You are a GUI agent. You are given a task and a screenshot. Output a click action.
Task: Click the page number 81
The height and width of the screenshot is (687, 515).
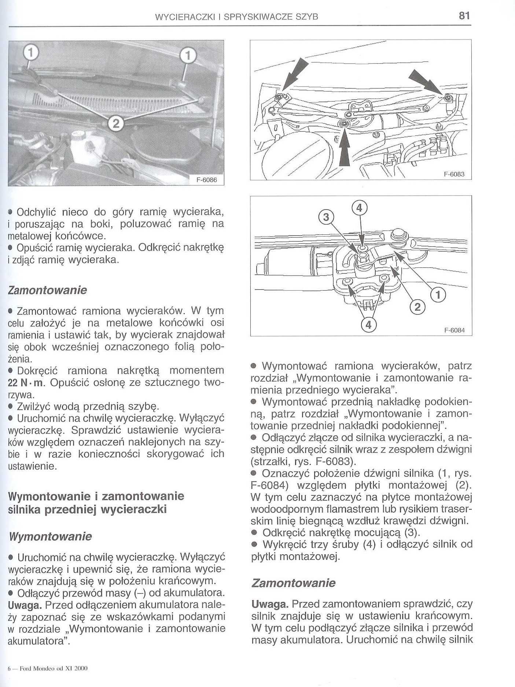pyautogui.click(x=464, y=16)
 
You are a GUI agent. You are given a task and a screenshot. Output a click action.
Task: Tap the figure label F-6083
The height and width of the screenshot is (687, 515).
pyautogui.click(x=454, y=175)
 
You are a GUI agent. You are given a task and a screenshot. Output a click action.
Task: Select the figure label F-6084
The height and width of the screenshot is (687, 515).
pyautogui.click(x=455, y=330)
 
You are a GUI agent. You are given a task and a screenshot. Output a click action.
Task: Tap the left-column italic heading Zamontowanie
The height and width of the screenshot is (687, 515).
pyautogui.click(x=47, y=290)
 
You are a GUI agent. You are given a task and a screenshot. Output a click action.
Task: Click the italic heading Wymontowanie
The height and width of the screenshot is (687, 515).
pyautogui.click(x=49, y=537)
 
